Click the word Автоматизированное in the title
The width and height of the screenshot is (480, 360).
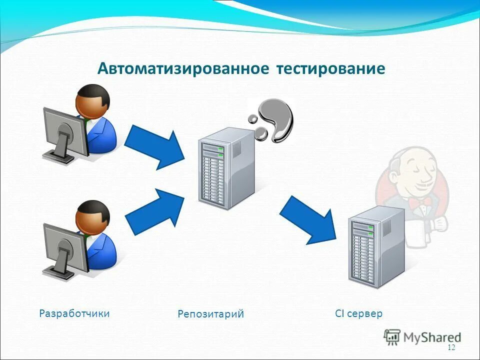(182, 68)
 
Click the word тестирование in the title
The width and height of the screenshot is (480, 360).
(330, 68)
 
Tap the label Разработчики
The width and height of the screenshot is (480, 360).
(74, 313)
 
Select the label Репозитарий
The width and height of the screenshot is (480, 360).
(210, 314)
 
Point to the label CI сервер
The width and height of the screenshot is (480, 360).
(358, 314)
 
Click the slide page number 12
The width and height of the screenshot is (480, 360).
(451, 348)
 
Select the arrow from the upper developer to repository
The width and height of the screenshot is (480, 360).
(154, 147)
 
